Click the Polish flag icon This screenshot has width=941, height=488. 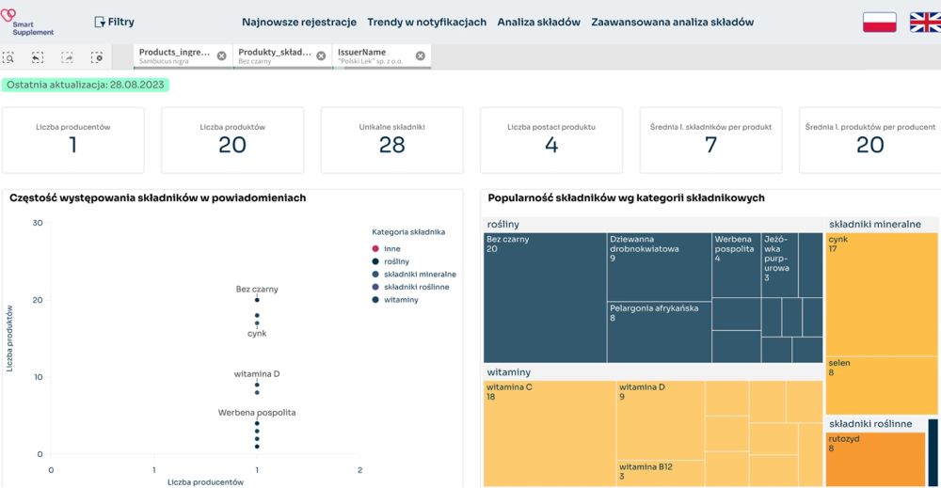coord(879,23)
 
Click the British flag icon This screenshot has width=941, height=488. coord(924,23)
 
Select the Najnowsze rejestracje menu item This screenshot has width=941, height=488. coord(298,22)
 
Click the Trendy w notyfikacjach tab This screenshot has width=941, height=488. coord(426,22)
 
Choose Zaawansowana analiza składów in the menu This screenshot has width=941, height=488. coord(672,22)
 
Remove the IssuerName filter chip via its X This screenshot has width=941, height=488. coord(421,55)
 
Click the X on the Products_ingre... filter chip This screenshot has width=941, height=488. coord(221,55)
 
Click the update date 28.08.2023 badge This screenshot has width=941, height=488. coord(85,85)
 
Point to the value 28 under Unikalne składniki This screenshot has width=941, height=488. coord(391,145)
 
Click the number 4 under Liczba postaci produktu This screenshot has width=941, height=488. coord(551,145)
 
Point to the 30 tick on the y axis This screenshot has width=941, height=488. coord(38,223)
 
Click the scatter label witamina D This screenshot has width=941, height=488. coord(257,374)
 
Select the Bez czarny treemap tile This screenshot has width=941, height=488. coord(544,297)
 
